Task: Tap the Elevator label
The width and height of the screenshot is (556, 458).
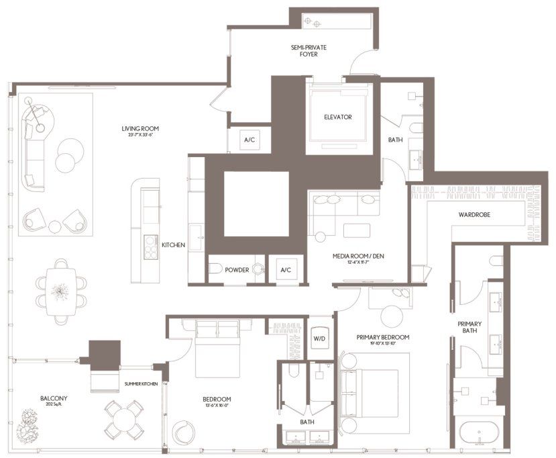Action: tap(337, 117)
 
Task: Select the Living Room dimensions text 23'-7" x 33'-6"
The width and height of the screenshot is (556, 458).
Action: tap(140, 136)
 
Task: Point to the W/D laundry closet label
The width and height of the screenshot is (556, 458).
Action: tap(319, 338)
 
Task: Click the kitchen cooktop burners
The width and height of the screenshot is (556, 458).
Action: tap(151, 249)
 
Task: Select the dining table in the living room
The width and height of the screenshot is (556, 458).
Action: tap(61, 291)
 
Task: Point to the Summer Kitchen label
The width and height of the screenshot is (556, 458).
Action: tap(141, 383)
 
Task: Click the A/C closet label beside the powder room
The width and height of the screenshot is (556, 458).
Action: tap(286, 270)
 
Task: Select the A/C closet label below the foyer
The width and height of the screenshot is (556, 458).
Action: tap(249, 140)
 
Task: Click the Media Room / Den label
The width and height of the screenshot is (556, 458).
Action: tap(358, 257)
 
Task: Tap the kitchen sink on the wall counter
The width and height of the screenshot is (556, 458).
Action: tap(197, 234)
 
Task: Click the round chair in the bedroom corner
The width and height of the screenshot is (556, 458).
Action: tap(182, 430)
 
